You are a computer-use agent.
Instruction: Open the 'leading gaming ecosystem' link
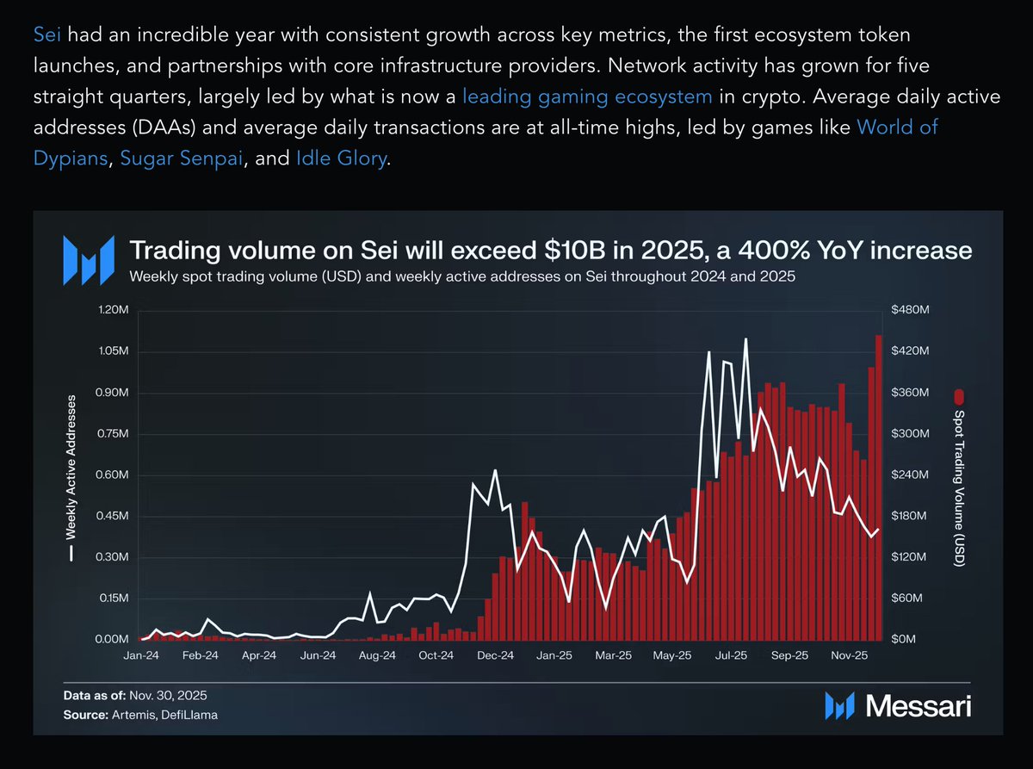(x=587, y=97)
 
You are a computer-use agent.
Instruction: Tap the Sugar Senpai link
(x=181, y=159)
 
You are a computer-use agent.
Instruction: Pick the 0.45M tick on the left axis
(x=111, y=517)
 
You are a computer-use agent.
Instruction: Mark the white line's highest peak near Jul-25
(x=745, y=340)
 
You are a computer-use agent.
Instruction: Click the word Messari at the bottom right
(x=918, y=706)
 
